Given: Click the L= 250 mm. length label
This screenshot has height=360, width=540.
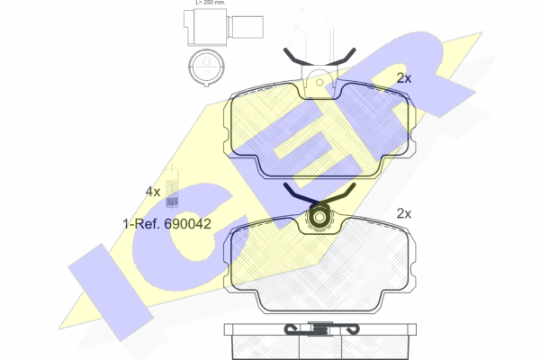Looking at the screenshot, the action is click(x=211, y=2).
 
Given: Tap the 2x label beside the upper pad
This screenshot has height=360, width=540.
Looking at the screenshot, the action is click(x=404, y=78).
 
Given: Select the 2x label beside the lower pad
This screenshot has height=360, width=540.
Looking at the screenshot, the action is click(x=404, y=213).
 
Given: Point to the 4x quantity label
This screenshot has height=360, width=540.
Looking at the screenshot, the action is click(x=153, y=192).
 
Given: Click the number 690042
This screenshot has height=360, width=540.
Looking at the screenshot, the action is click(x=187, y=224).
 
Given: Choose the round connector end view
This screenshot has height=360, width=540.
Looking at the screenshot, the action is click(x=206, y=67).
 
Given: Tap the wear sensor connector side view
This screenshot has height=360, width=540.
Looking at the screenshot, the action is click(x=223, y=27).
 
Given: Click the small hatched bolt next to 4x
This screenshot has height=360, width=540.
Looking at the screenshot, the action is click(x=172, y=193).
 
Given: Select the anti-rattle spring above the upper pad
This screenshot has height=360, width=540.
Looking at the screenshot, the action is click(x=319, y=57).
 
